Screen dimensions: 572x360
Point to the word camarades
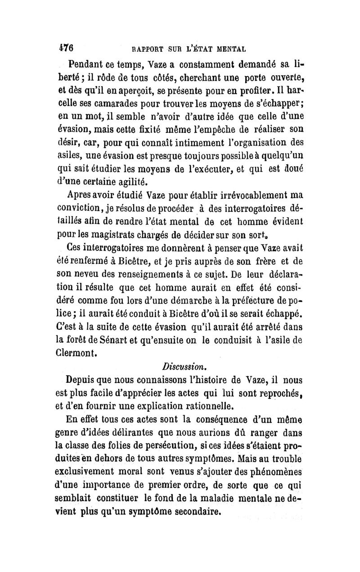click(126, 104)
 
